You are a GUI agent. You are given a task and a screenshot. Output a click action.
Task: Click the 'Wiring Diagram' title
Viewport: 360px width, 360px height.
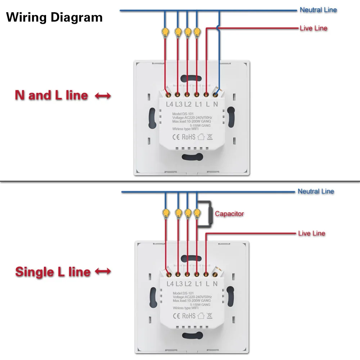pyautogui.click(x=54, y=17)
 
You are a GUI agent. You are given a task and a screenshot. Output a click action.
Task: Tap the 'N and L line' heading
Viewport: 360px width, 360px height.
pyautogui.click(x=51, y=95)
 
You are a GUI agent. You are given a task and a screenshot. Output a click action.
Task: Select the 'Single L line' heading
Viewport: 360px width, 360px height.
pyautogui.click(x=53, y=272)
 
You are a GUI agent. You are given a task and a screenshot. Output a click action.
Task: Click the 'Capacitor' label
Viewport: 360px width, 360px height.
pyautogui.click(x=229, y=213)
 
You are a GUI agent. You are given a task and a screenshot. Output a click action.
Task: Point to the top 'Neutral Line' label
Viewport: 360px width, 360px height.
pyautogui.click(x=318, y=10)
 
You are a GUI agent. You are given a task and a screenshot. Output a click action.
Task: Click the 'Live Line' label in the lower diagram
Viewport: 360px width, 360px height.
pyautogui.click(x=311, y=233)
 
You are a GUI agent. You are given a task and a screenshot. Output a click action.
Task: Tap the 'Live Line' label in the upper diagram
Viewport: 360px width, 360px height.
pyautogui.click(x=314, y=28)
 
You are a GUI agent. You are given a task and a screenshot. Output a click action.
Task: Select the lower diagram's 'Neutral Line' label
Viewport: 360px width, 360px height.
pyautogui.click(x=316, y=191)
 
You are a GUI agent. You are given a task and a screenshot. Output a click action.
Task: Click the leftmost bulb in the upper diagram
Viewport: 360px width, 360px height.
pyautogui.click(x=166, y=32)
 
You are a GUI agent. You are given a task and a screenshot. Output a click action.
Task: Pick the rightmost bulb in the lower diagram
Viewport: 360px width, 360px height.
pyautogui.click(x=197, y=213)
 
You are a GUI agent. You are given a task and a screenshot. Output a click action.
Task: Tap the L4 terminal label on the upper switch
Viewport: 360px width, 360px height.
pyautogui.click(x=170, y=104)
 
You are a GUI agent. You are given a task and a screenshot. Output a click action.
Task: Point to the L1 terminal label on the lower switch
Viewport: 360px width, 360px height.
pyautogui.click(x=198, y=284)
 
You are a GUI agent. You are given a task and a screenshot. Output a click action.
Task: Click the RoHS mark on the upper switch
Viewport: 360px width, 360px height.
pyautogui.click(x=188, y=137)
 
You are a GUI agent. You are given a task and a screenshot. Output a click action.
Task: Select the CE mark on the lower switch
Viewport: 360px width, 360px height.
pyautogui.click(x=176, y=316)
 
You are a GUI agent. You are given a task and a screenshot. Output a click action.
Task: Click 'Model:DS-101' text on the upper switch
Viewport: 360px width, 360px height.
pyautogui.click(x=184, y=113)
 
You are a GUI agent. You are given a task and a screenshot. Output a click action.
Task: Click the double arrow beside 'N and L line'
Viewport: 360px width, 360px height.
pyautogui.click(x=103, y=96)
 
